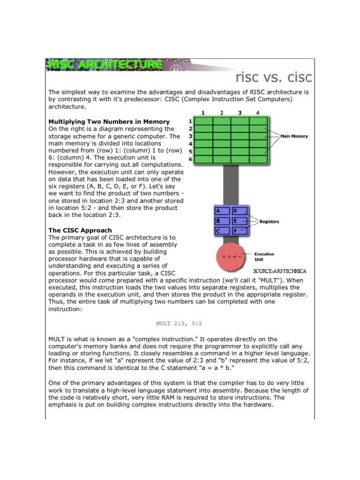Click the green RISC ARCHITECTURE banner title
point(104,65)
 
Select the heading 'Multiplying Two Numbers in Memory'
point(109,121)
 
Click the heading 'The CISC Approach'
point(80,230)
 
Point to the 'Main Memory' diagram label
point(294,136)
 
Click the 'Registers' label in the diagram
point(269,222)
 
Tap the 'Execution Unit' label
point(264,256)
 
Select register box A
point(222,211)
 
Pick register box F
point(240,231)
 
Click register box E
point(240,221)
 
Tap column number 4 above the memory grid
point(258,113)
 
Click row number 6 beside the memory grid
point(190,159)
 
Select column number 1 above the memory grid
point(203,113)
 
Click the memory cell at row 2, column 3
point(240,129)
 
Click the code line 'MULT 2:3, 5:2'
point(180,323)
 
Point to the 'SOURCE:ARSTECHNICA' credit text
point(279,271)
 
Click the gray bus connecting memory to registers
point(231,185)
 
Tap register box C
point(222,231)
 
